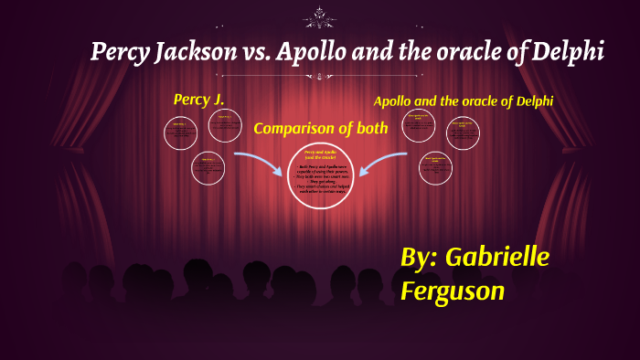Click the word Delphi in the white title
tap(569, 52)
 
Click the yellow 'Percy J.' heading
tap(198, 99)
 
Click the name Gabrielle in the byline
tap(497, 258)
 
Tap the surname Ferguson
tap(452, 290)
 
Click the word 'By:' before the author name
tap(419, 258)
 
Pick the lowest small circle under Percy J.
tap(208, 169)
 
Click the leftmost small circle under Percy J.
tap(180, 133)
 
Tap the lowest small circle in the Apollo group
tap(436, 169)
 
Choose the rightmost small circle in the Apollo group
tap(463, 133)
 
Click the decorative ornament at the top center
tap(320, 16)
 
